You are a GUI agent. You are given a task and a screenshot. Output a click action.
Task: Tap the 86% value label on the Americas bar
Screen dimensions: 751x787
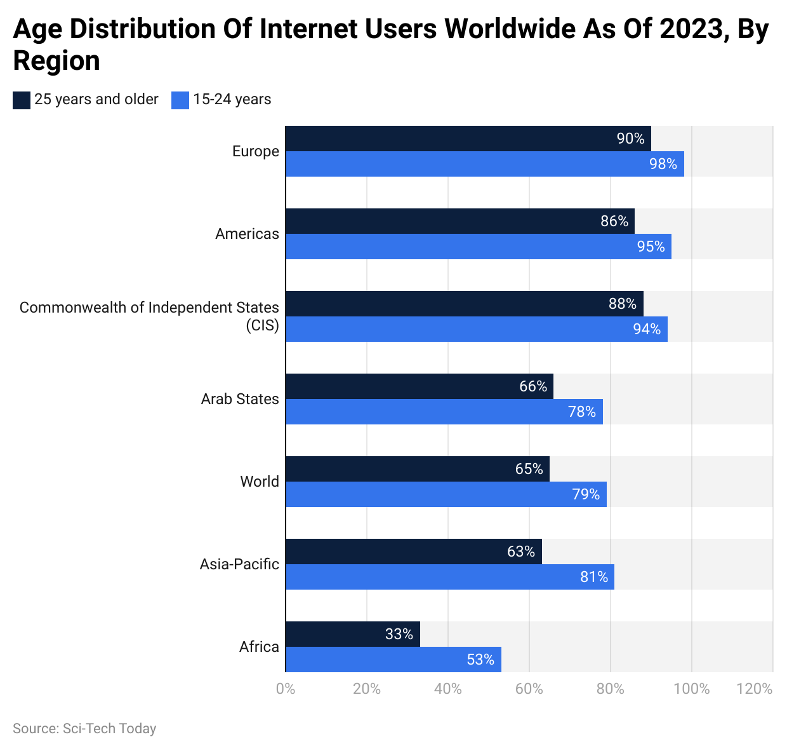(614, 221)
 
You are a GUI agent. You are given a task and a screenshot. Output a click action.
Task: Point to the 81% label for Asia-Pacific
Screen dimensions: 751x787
(594, 577)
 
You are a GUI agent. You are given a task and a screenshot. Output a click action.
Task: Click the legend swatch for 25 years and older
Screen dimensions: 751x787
(22, 100)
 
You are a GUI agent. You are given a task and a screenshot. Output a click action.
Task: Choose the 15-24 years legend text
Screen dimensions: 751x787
(232, 100)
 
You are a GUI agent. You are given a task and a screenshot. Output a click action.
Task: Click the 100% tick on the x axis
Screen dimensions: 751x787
(691, 689)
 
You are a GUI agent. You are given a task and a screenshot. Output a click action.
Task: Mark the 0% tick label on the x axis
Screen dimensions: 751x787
(286, 689)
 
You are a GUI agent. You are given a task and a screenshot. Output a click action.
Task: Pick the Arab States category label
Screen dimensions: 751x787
(240, 399)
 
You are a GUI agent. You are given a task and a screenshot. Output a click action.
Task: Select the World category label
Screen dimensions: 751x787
(260, 482)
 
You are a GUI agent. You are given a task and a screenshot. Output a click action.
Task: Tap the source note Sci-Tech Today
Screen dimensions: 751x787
(84, 729)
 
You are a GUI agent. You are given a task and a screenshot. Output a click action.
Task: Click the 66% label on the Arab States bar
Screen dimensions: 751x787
(533, 386)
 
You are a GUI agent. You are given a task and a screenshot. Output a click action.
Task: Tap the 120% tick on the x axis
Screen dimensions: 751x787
(755, 689)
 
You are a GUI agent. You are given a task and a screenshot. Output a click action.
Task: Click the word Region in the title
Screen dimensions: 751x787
(56, 61)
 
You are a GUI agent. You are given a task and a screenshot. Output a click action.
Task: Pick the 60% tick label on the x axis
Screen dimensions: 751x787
(529, 689)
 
